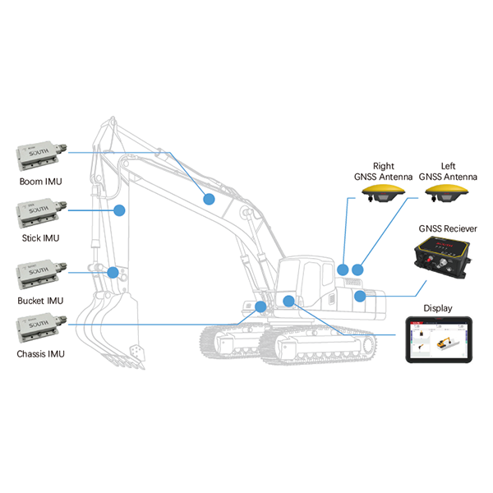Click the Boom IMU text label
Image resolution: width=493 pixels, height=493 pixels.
[40, 181]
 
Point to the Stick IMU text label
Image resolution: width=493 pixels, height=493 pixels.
[40, 238]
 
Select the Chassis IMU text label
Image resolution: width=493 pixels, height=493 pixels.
[40, 355]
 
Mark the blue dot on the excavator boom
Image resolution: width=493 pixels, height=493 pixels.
[210, 198]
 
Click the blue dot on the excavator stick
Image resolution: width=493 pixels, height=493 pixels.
[118, 210]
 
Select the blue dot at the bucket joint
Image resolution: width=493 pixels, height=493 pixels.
[113, 271]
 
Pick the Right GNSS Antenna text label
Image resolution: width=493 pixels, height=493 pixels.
[383, 170]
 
